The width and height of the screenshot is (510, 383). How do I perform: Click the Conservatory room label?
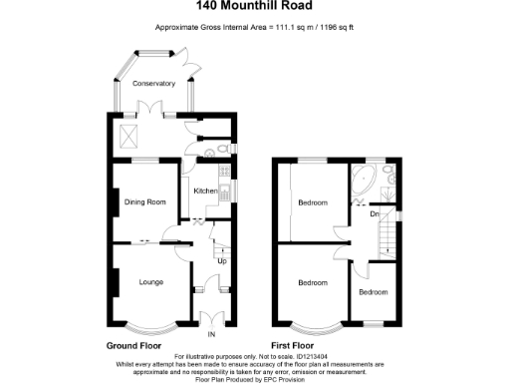point(155,84)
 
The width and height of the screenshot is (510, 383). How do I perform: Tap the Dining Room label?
point(142,202)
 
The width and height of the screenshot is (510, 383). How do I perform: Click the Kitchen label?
point(205,191)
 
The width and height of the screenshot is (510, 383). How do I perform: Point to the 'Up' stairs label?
point(221,262)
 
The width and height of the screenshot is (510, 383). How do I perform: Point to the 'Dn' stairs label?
point(374,212)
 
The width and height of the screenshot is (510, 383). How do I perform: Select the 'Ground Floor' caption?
point(134,346)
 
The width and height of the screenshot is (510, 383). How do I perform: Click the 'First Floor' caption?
point(299,346)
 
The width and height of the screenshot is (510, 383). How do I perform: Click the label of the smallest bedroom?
point(374,291)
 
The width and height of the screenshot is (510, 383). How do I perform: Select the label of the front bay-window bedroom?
point(313,283)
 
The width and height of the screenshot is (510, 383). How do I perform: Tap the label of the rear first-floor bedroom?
point(313,202)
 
